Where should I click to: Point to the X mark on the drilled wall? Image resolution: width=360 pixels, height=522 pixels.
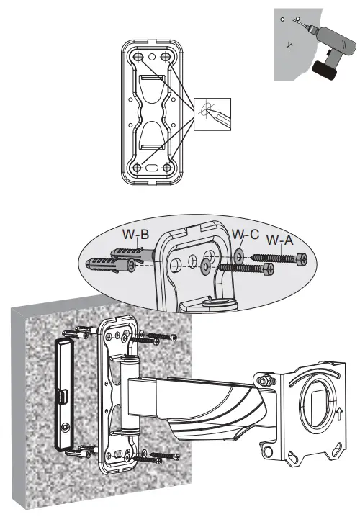click(289, 45)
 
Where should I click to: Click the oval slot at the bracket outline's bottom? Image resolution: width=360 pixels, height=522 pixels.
click(152, 168)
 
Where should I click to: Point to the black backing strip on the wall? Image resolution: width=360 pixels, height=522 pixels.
click(63, 396)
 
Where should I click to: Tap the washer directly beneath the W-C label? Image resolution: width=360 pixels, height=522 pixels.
click(239, 254)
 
